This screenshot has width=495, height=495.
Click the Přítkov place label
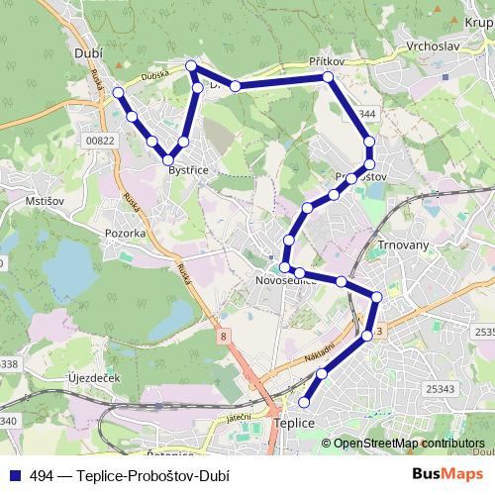pyautogui.click(x=326, y=61)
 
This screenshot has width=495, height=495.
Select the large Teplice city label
pyautogui.click(x=293, y=423)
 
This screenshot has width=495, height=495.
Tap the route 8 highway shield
pyautogui.click(x=224, y=338)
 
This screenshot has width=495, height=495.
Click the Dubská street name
pyautogui.click(x=155, y=73)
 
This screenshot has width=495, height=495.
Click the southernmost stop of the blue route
pyautogui.click(x=304, y=402)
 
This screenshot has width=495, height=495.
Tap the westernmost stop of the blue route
pyautogui.click(x=119, y=92)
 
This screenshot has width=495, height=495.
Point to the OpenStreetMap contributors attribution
pyautogui.click(x=409, y=444)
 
